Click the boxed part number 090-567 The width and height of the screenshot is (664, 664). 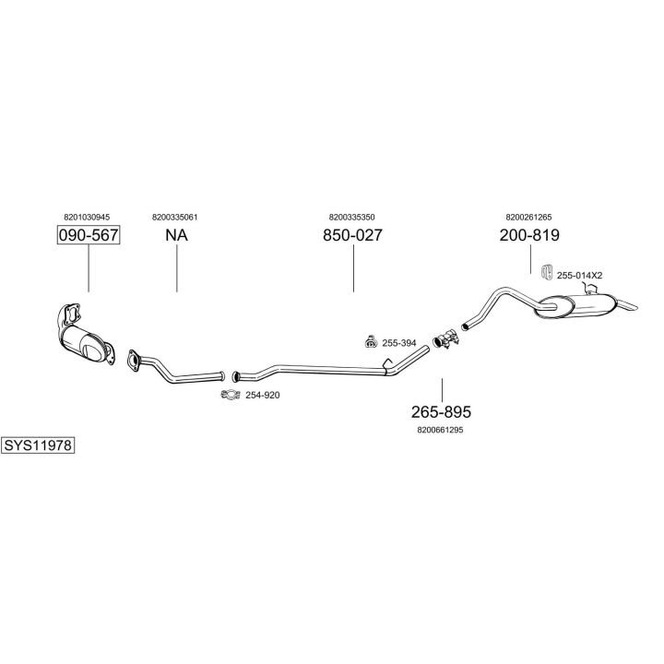(89, 235)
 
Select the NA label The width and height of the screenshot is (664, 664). (176, 235)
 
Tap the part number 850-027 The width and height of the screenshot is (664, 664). (352, 235)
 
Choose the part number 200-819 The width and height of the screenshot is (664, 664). (529, 235)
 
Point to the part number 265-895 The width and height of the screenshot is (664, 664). (441, 410)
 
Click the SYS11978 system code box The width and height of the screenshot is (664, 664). (38, 445)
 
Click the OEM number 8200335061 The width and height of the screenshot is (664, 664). (175, 217)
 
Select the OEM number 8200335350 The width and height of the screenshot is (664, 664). (351, 217)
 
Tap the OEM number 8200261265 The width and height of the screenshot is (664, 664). (528, 217)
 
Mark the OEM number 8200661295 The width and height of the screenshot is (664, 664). (440, 429)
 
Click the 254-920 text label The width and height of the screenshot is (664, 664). (262, 396)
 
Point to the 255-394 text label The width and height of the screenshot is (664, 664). (399, 343)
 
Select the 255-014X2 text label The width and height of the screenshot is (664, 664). (579, 275)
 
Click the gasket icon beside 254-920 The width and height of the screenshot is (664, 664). (231, 396)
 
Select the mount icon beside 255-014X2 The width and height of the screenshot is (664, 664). (545, 272)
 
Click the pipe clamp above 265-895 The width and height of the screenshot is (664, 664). (444, 341)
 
